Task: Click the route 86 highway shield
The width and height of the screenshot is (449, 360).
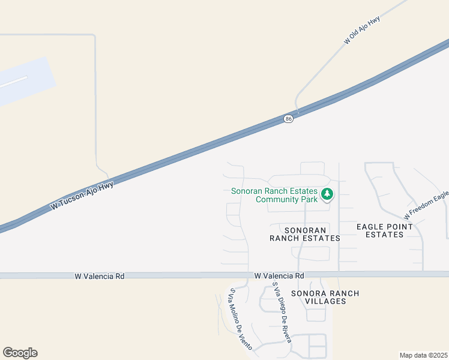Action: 289,119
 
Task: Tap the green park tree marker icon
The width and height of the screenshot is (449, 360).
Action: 327,194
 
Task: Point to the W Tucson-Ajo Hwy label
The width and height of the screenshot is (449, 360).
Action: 82,195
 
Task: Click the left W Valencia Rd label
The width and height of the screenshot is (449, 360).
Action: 100,276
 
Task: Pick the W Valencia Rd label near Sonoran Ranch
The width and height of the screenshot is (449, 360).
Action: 279,276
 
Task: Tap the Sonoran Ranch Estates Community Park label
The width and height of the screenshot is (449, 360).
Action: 274,195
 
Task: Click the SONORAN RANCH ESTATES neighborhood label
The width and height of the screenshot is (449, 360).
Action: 305,234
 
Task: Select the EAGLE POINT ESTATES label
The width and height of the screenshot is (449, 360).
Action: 384,230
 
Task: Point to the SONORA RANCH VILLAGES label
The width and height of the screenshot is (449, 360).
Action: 325,297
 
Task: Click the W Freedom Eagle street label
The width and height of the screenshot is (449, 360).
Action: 426,205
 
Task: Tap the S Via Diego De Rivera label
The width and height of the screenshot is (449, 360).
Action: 282,313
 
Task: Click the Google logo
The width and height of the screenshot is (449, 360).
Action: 20,353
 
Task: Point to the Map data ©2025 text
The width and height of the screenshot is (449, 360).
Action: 424,355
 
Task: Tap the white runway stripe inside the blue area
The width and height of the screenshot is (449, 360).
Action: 13,83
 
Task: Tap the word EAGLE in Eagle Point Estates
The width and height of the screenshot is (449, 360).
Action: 369,227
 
